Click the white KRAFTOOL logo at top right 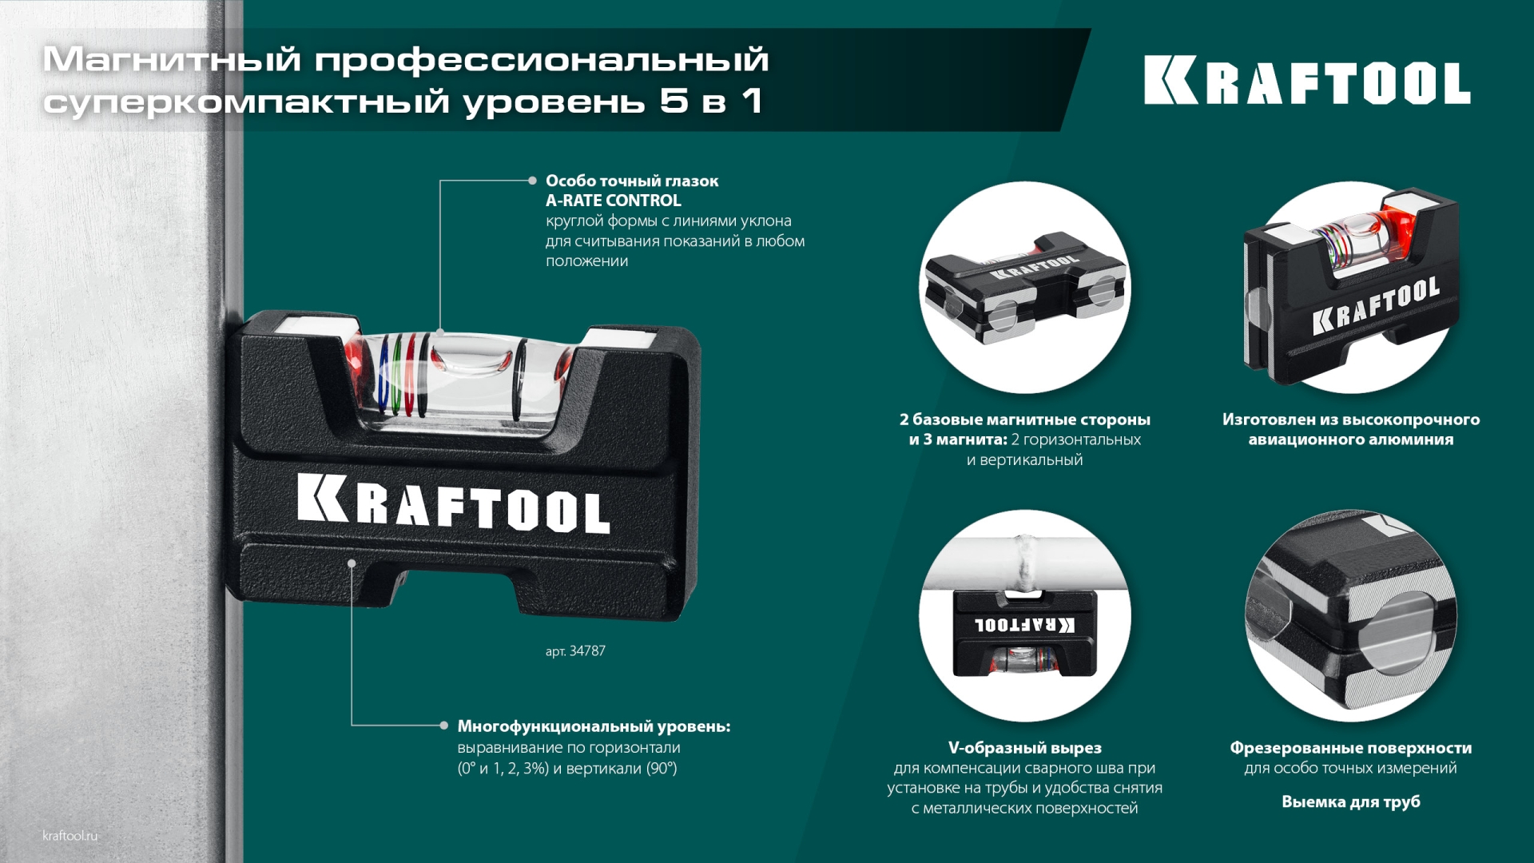(x=1307, y=81)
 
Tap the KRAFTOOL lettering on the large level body (x=453, y=503)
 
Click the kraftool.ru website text (x=70, y=836)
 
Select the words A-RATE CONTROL (x=613, y=201)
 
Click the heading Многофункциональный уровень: (x=594, y=726)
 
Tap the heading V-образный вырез (x=1024, y=748)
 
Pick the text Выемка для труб (x=1350, y=801)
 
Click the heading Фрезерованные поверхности (x=1350, y=748)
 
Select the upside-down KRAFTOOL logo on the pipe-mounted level (x=1024, y=624)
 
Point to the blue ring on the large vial (x=385, y=376)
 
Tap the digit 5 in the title (x=674, y=101)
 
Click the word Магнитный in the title (x=172, y=60)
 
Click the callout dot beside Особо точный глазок (x=532, y=181)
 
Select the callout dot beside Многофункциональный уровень (x=443, y=726)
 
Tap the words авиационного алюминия (x=1350, y=439)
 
